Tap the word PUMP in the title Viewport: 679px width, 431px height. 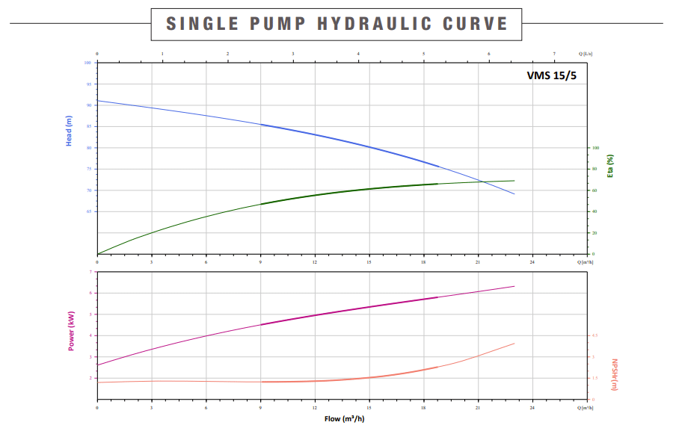277,23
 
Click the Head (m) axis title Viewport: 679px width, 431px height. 70,131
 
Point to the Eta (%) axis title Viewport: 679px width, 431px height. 610,166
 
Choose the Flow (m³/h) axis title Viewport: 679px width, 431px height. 345,420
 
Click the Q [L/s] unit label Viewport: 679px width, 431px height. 586,54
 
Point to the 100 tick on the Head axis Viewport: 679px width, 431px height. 88,63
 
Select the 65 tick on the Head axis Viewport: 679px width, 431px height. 89,212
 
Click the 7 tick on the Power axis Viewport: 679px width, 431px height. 90,272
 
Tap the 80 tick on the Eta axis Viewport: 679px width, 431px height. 595,169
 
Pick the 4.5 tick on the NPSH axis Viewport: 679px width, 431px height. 595,336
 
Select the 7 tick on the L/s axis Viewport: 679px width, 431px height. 554,54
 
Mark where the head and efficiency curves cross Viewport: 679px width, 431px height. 484,182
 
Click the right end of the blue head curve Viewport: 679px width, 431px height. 514,194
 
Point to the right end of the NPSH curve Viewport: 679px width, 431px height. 514,344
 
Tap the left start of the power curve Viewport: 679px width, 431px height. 98,365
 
